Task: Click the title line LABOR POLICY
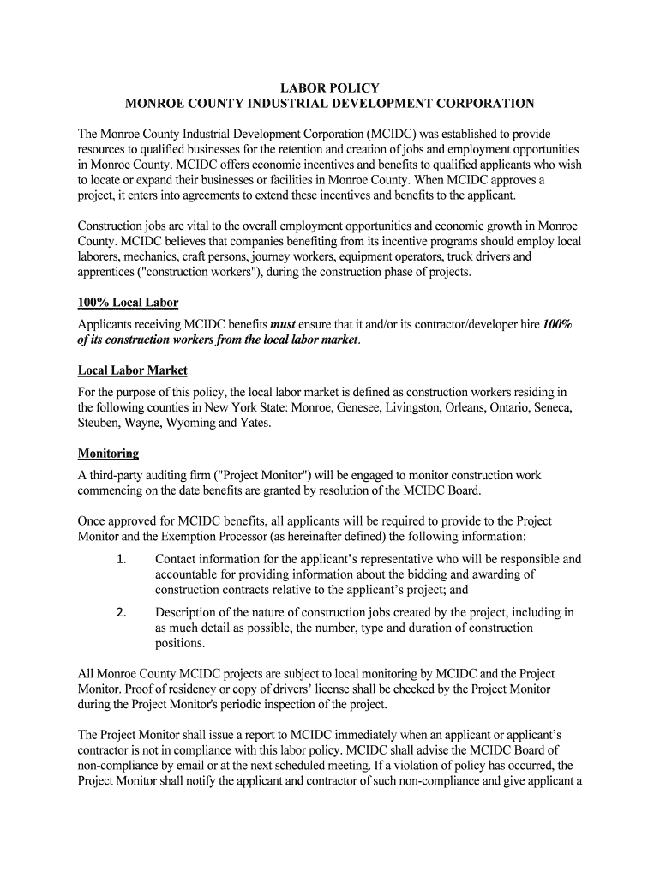tap(330, 88)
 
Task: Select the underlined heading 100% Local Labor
tap(128, 304)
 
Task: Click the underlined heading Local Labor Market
tap(132, 370)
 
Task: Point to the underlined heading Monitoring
tap(108, 453)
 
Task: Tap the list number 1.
tap(122, 560)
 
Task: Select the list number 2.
tap(122, 613)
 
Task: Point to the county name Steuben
tap(99, 423)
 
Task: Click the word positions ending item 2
tap(180, 644)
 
